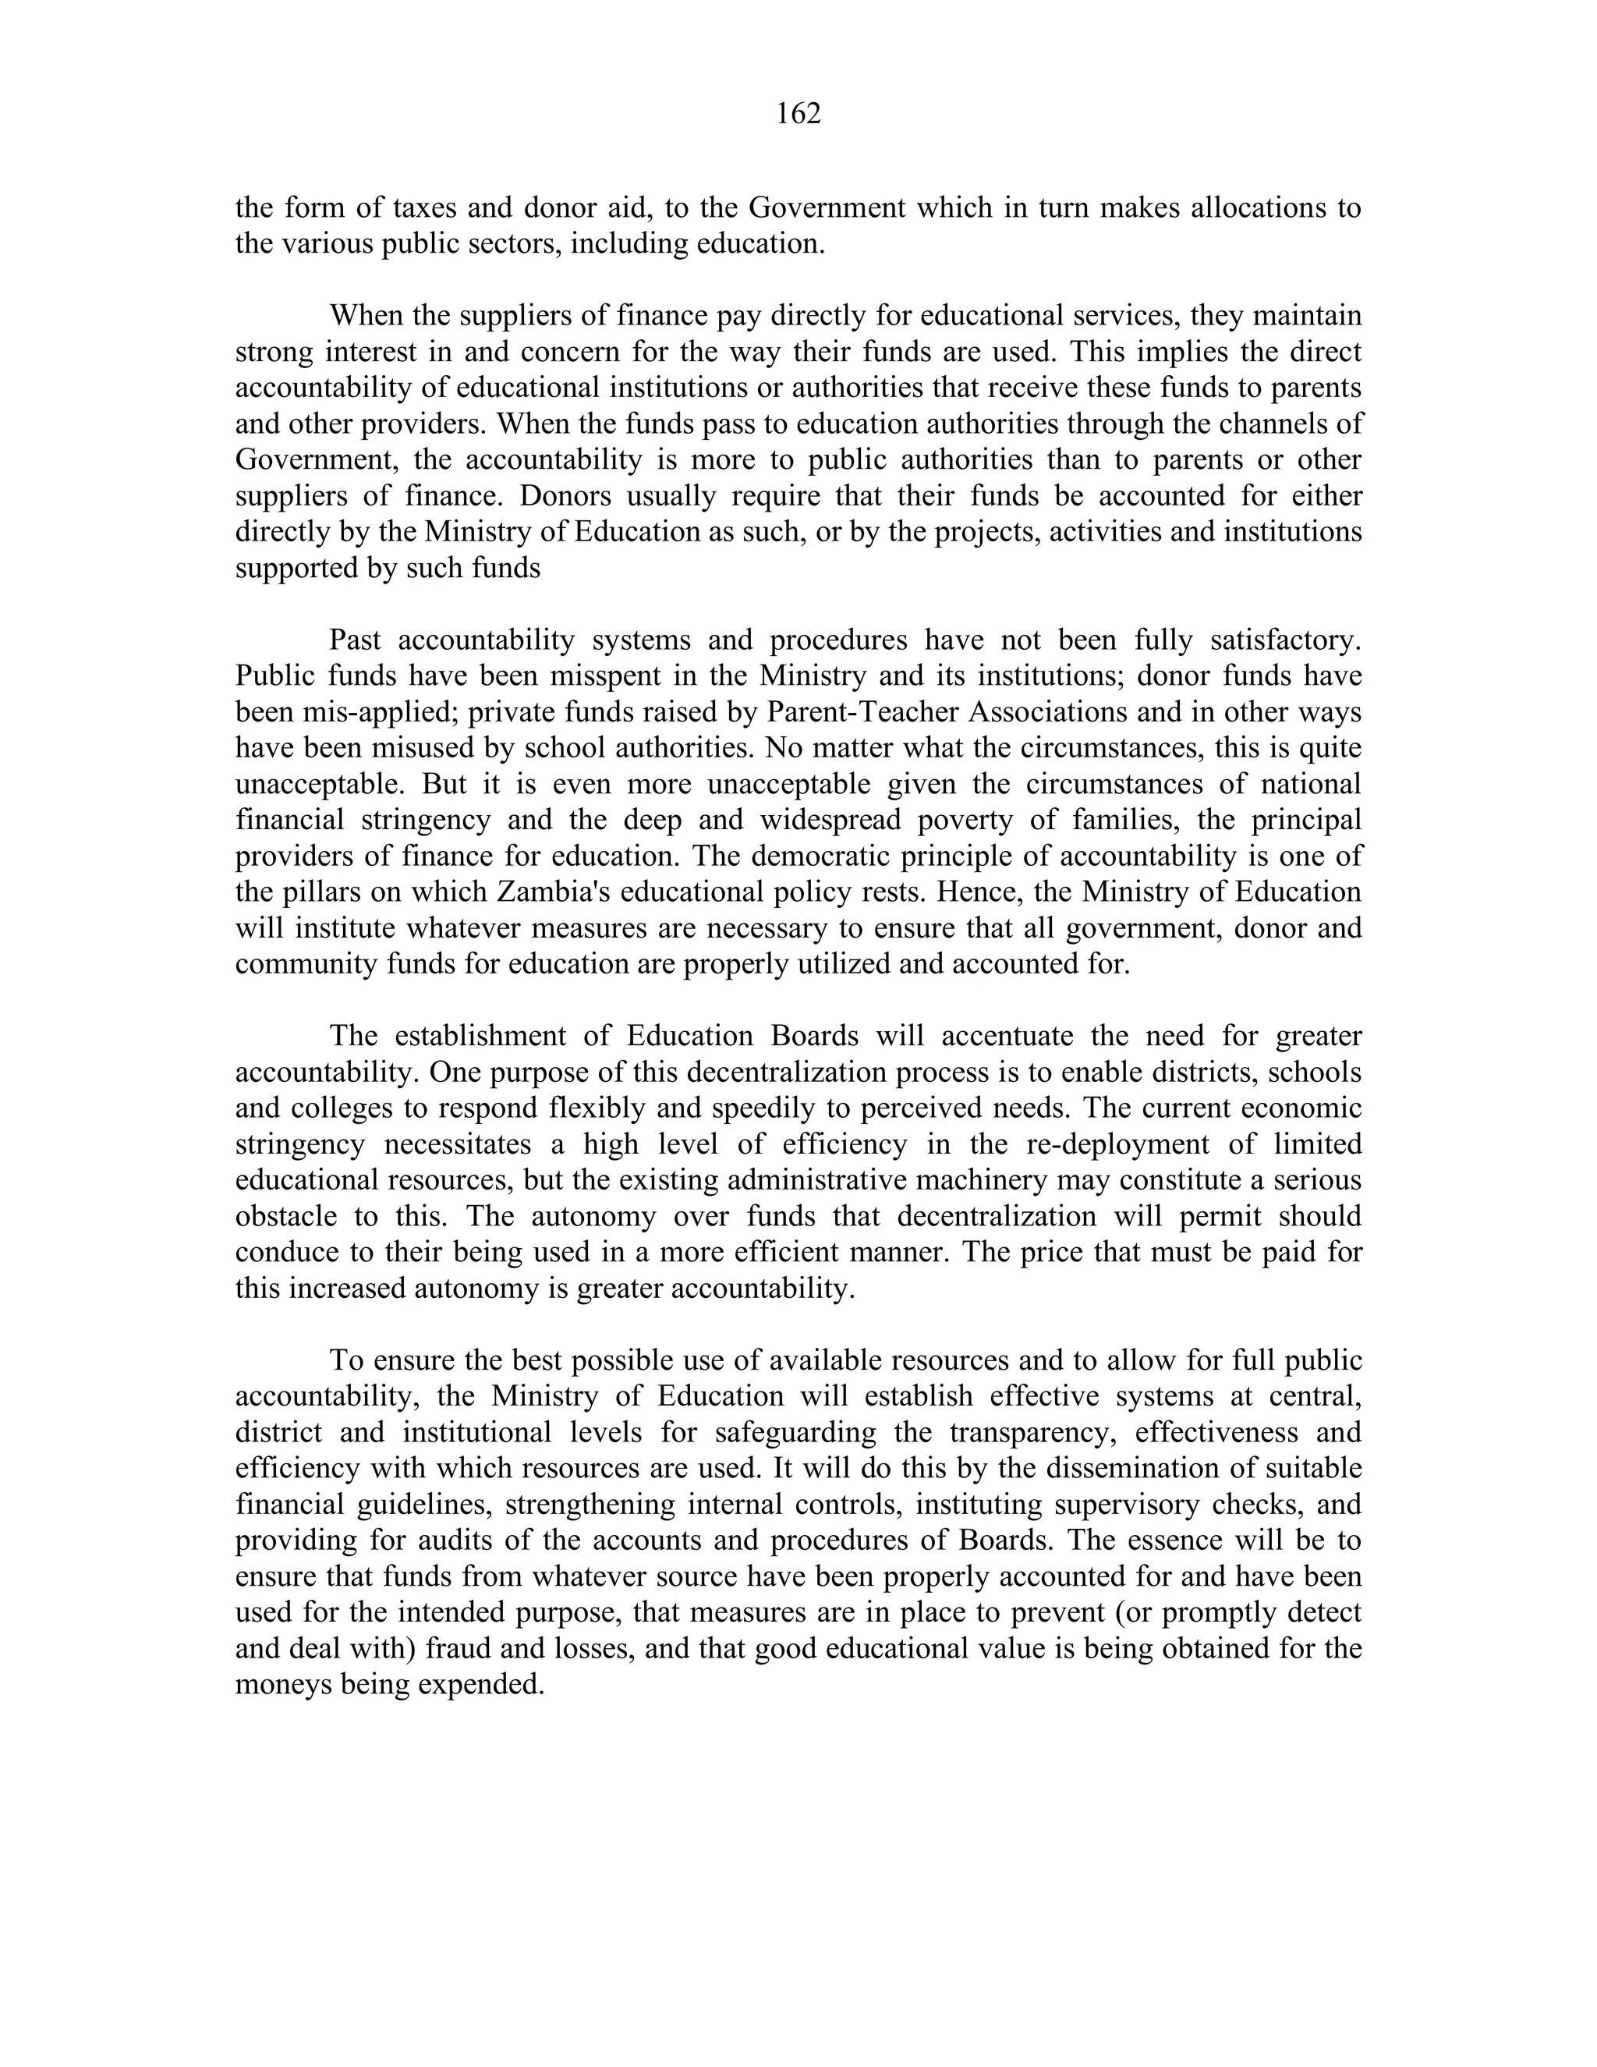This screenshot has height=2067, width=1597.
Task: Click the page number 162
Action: [x=798, y=114]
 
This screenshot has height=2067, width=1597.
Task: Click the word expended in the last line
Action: [x=478, y=1684]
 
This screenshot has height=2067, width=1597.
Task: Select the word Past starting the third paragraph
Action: [x=355, y=640]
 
